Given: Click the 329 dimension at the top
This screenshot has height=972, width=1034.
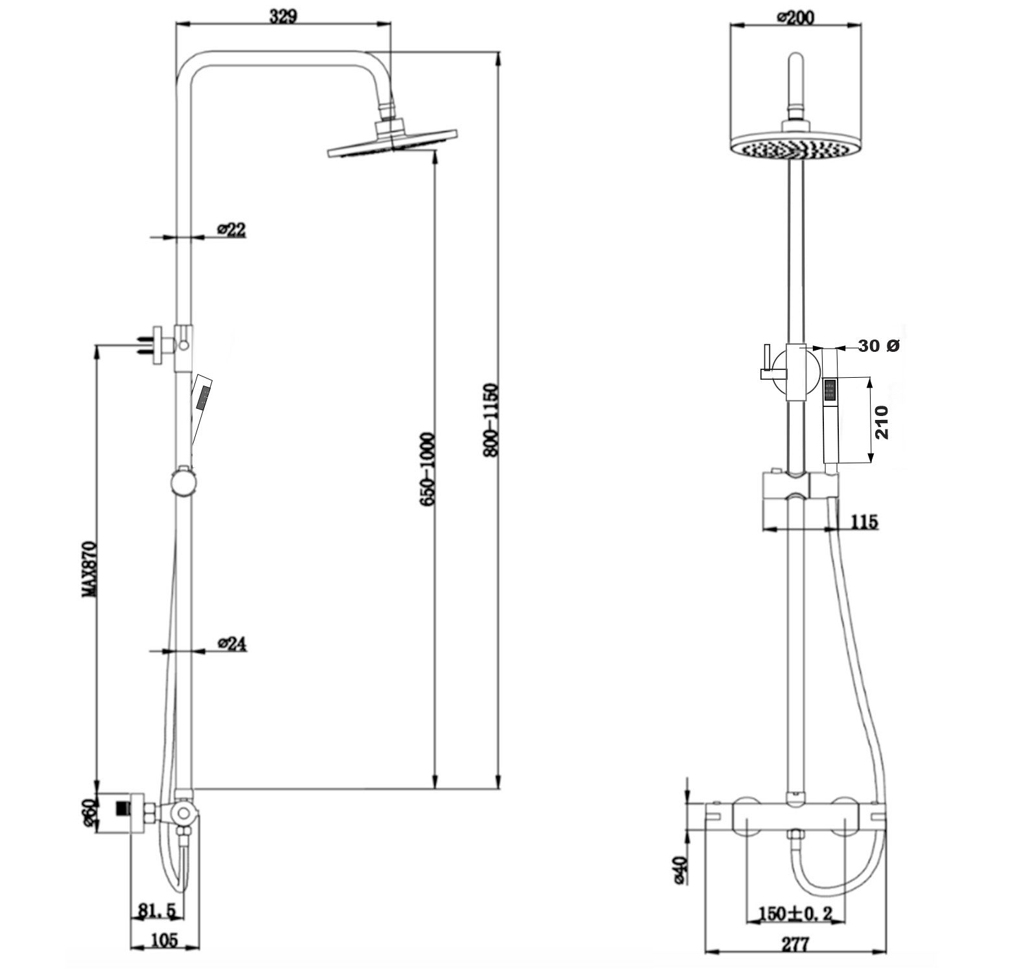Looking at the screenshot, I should (283, 16).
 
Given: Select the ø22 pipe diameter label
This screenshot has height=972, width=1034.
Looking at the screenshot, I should (231, 229).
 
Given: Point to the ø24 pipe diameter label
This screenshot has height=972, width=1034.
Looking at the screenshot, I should (233, 643).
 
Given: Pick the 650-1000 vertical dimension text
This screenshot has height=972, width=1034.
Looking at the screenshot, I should (427, 469).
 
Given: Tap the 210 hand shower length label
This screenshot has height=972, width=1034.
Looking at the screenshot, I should (882, 422).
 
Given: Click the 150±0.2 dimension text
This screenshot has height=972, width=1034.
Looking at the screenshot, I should (795, 914).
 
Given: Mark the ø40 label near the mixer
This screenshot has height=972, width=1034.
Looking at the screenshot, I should (679, 870).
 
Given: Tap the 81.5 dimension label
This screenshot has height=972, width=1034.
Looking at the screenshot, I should (156, 910).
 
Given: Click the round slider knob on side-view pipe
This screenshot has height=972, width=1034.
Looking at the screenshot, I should (182, 483).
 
